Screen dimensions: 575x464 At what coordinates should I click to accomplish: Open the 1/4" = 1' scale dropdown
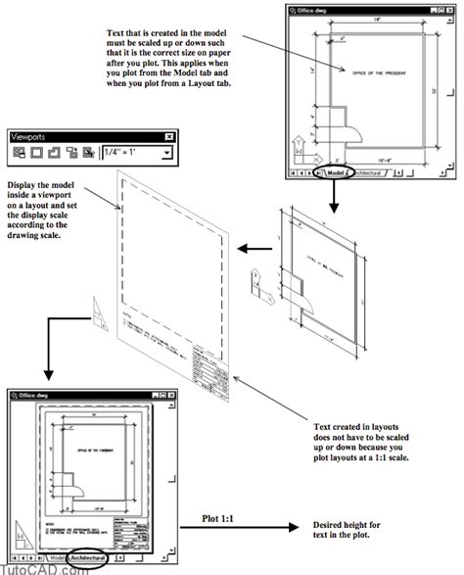tap(167, 153)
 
